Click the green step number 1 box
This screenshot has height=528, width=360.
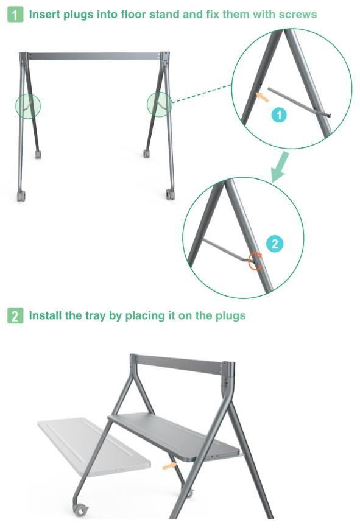(15, 15)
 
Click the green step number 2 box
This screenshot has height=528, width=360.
(15, 315)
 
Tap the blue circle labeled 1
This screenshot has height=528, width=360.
(279, 116)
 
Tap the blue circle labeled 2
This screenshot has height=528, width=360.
(275, 244)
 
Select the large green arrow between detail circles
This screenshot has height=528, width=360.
(280, 167)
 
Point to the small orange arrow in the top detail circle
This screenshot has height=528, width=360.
(263, 97)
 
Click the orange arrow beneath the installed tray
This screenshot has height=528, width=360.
(170, 465)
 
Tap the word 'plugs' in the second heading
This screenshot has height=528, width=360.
(231, 316)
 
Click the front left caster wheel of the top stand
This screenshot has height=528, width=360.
(21, 195)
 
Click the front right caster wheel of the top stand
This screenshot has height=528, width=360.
(170, 194)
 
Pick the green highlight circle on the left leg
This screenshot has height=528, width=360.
(28, 107)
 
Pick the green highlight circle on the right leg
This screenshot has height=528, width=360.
(160, 104)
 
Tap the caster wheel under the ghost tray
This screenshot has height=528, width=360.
(80, 510)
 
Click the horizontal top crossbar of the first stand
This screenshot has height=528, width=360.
(94, 56)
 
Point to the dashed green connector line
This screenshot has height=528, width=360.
(202, 93)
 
